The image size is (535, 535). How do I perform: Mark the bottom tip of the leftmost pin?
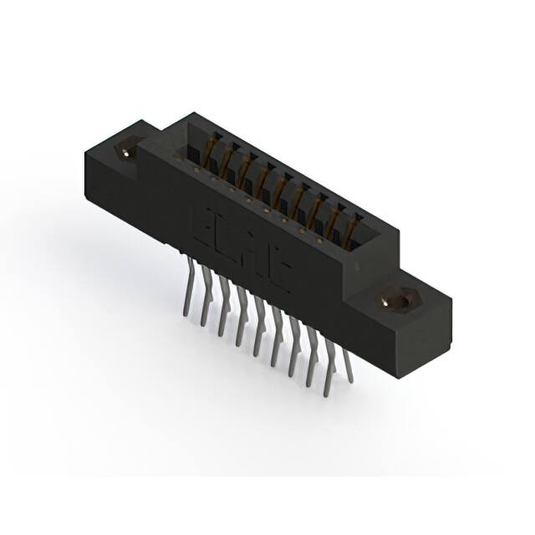pos(184,316)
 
